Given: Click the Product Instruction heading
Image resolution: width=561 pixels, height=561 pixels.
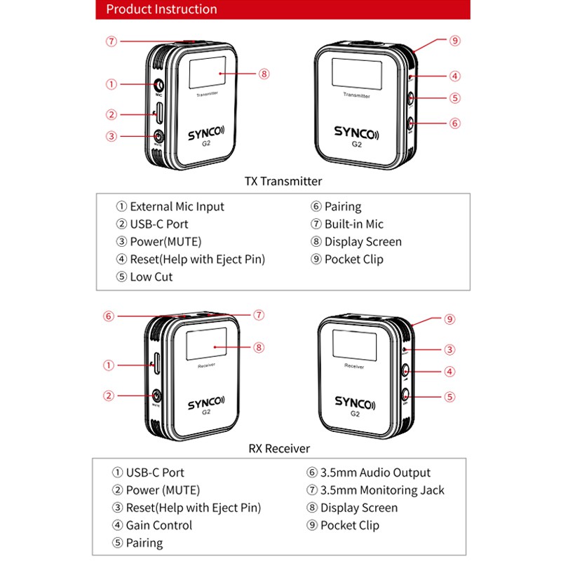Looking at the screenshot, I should point(161,9).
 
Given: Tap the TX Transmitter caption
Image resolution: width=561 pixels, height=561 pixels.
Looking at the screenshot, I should point(283,181).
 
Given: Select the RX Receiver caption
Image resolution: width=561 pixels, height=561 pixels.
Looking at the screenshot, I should point(279,447).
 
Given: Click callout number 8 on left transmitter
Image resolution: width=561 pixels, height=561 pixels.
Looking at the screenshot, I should point(264,74).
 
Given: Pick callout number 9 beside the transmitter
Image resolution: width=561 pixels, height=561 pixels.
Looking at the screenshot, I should point(454,41).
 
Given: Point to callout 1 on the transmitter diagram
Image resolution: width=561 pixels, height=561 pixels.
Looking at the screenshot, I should point(111,84).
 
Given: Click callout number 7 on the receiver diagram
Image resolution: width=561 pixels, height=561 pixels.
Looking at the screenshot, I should point(258,314).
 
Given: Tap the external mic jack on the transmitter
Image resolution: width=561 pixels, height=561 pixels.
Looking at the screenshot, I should point(158,85).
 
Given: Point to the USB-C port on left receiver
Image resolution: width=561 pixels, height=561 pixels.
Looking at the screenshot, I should point(155,365).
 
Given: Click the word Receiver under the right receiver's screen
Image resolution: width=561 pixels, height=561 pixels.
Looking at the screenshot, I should point(354,366).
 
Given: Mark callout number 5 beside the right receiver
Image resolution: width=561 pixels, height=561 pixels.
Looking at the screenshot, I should point(450,396).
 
